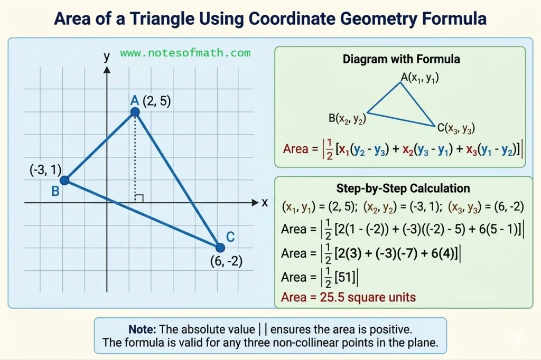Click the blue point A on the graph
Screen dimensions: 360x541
135,112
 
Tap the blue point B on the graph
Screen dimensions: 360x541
64,181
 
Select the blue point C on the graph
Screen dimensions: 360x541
220,247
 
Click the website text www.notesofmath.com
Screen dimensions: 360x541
185,53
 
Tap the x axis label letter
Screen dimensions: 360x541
265,203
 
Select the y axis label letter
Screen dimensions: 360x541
107,56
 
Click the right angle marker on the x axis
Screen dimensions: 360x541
139,198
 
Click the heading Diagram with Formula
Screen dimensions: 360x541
401,59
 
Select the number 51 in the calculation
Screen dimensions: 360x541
346,277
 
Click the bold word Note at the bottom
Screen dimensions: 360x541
142,329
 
